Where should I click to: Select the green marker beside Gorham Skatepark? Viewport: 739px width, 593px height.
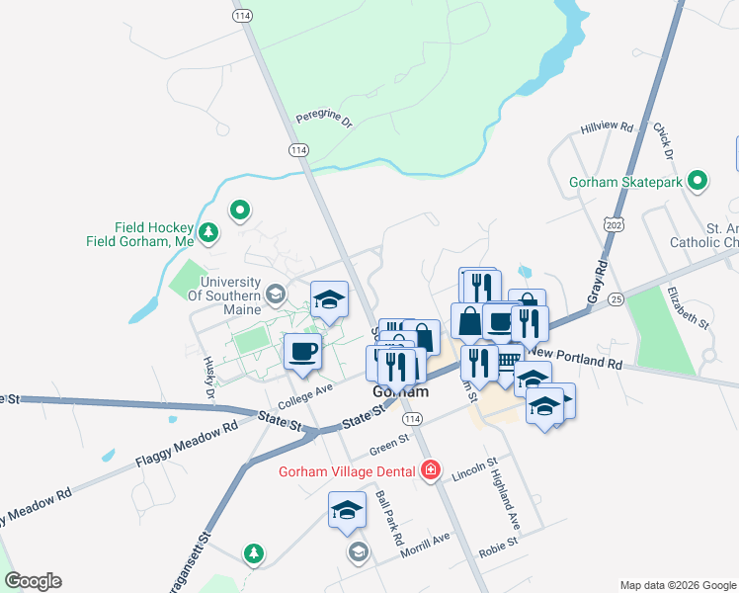(698, 182)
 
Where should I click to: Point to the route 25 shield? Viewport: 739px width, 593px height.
(617, 298)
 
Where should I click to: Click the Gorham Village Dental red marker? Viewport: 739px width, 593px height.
(430, 469)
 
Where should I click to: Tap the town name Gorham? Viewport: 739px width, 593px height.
(400, 392)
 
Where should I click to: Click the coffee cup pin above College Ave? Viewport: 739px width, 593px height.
(303, 353)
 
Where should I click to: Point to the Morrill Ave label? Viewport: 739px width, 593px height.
(425, 545)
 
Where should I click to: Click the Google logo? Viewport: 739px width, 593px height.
(33, 581)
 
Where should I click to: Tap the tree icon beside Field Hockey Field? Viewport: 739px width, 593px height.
(208, 232)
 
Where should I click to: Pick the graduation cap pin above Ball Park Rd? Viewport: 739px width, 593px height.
(347, 512)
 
